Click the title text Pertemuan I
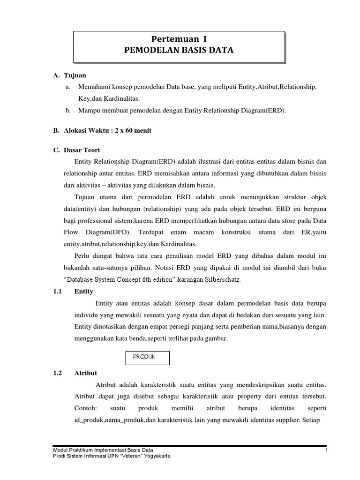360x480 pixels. coord(178,39)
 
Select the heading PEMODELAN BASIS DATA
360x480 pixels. coord(178,50)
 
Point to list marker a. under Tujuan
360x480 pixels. coord(68,87)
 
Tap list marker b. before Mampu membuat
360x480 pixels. coord(68,111)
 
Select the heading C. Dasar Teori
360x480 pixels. coord(73,150)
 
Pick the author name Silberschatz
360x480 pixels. coord(220,279)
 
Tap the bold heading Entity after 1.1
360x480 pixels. coord(84,292)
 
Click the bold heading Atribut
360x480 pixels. coord(86,373)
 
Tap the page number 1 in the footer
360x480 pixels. coord(325,450)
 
